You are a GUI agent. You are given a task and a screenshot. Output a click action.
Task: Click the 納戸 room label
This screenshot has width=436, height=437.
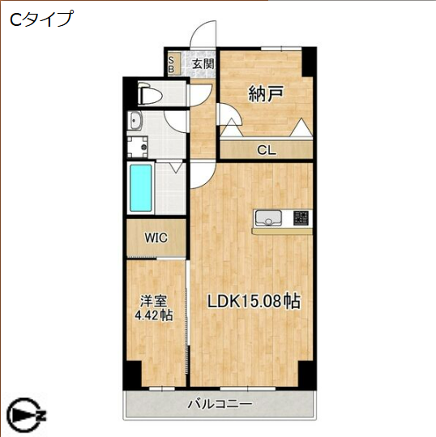pos(265,94)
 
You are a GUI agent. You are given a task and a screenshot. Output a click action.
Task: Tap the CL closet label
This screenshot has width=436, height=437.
pos(266,149)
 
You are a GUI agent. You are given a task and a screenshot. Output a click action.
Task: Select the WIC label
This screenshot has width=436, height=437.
pos(156,238)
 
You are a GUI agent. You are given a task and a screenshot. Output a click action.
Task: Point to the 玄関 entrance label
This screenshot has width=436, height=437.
pos(203,63)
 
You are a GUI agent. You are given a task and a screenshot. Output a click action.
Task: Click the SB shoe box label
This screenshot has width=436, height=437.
pos(171,63)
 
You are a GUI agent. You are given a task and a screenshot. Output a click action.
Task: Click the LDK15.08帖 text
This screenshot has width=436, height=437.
pos(254,301)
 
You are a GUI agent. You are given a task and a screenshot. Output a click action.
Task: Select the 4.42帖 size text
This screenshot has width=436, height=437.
pos(153,316)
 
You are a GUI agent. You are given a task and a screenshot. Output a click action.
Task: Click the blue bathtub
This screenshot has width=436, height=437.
pos(141,187)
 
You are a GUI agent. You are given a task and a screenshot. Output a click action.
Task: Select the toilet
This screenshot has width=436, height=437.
pos(151,94)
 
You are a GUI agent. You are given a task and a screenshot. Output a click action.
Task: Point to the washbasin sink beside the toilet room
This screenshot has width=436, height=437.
pos(135,122)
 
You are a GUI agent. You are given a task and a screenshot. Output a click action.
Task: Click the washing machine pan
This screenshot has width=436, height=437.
pos(138,148)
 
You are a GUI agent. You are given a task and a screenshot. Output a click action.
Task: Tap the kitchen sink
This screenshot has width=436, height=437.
pos(267,217)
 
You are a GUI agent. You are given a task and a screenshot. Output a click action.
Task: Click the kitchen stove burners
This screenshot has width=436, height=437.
pos(300,217)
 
